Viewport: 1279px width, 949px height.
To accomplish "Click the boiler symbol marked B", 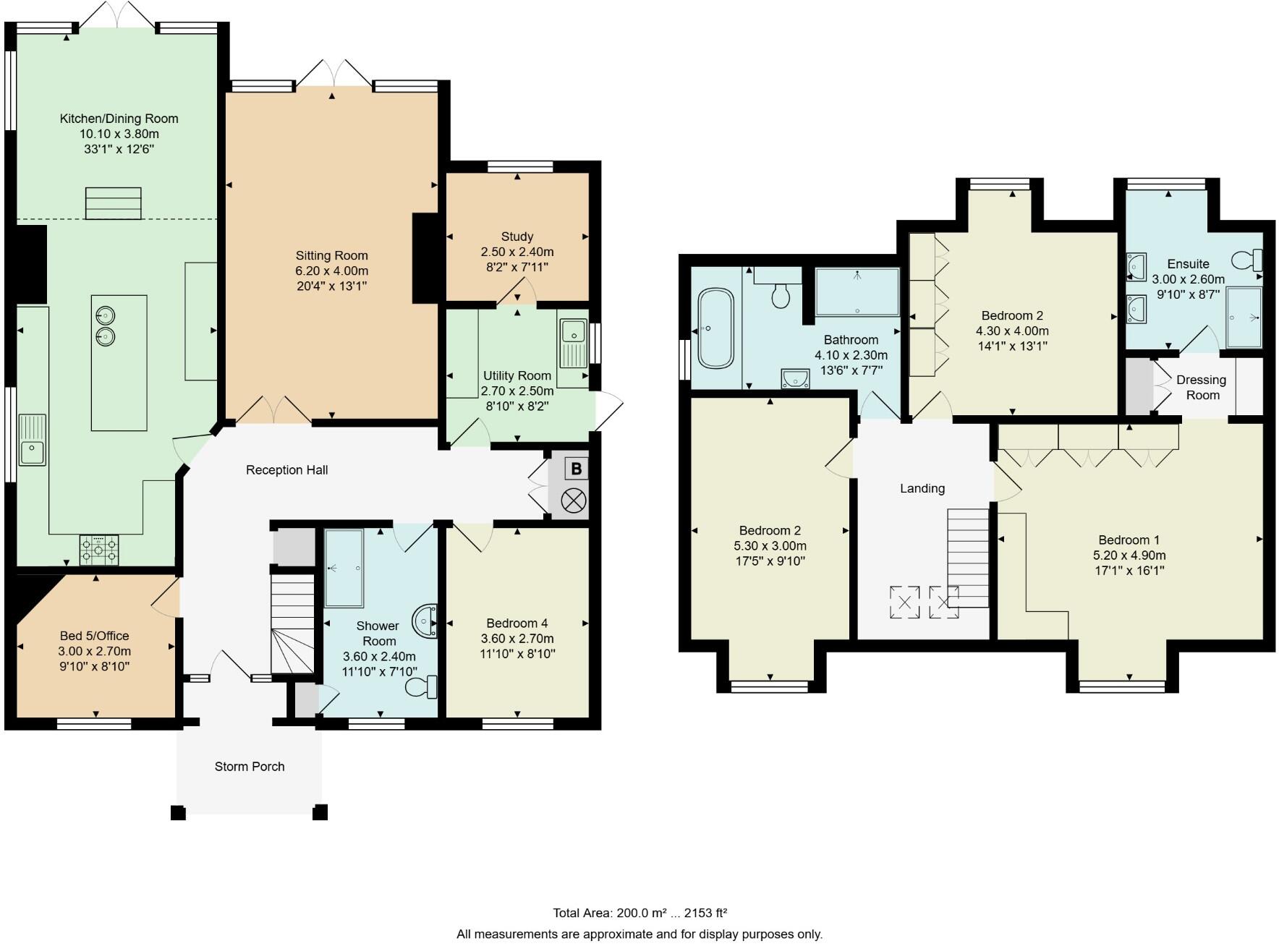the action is (x=576, y=469).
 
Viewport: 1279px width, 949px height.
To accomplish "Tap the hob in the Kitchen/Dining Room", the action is (x=99, y=550).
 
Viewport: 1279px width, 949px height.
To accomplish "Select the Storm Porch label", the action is (x=250, y=767).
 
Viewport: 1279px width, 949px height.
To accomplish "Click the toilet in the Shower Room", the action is (x=422, y=686).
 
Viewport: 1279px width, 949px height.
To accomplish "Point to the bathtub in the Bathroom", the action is (x=715, y=328).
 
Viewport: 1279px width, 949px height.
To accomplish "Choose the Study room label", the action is (x=517, y=237).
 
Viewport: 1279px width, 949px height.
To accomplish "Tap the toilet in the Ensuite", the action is (x=1247, y=259).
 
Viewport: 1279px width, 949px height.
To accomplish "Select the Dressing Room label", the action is (x=1202, y=388).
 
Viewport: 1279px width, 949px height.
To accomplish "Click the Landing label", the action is (x=922, y=488).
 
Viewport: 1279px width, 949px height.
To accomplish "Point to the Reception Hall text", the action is (x=287, y=470).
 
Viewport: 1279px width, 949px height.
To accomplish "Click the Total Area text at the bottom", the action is (x=640, y=913).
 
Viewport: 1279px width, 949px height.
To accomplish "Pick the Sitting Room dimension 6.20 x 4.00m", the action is (x=332, y=271).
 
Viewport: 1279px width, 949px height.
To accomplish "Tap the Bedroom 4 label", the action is (x=517, y=624).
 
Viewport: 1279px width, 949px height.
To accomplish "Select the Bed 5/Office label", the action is (x=94, y=636).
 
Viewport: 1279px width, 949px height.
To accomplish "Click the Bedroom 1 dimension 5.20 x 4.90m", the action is (x=1129, y=556).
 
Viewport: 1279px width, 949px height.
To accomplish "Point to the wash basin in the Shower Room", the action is (x=425, y=621).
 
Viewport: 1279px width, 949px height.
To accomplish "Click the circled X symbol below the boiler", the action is (x=574, y=501).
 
